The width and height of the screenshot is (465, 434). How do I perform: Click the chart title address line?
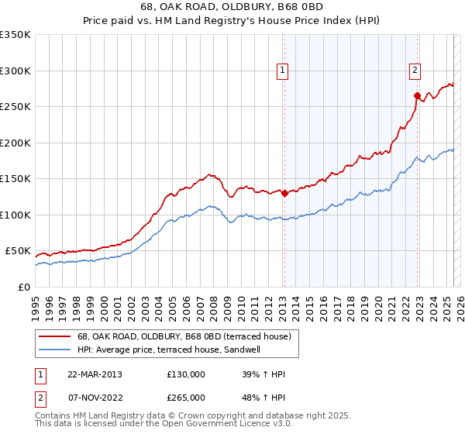click(232, 7)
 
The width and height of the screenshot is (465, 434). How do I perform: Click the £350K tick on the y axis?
click(15, 35)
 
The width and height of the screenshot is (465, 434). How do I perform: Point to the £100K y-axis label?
click(15, 215)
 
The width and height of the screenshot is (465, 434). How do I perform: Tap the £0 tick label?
click(24, 287)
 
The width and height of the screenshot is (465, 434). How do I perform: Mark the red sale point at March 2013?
click(284, 194)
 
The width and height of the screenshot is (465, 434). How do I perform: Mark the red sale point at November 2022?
click(417, 96)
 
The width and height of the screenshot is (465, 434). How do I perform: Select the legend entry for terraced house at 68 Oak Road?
click(184, 336)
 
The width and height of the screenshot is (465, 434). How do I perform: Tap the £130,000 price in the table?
click(186, 374)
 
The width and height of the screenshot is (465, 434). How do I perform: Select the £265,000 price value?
click(186, 397)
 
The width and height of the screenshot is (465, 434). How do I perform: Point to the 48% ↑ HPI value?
click(264, 397)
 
